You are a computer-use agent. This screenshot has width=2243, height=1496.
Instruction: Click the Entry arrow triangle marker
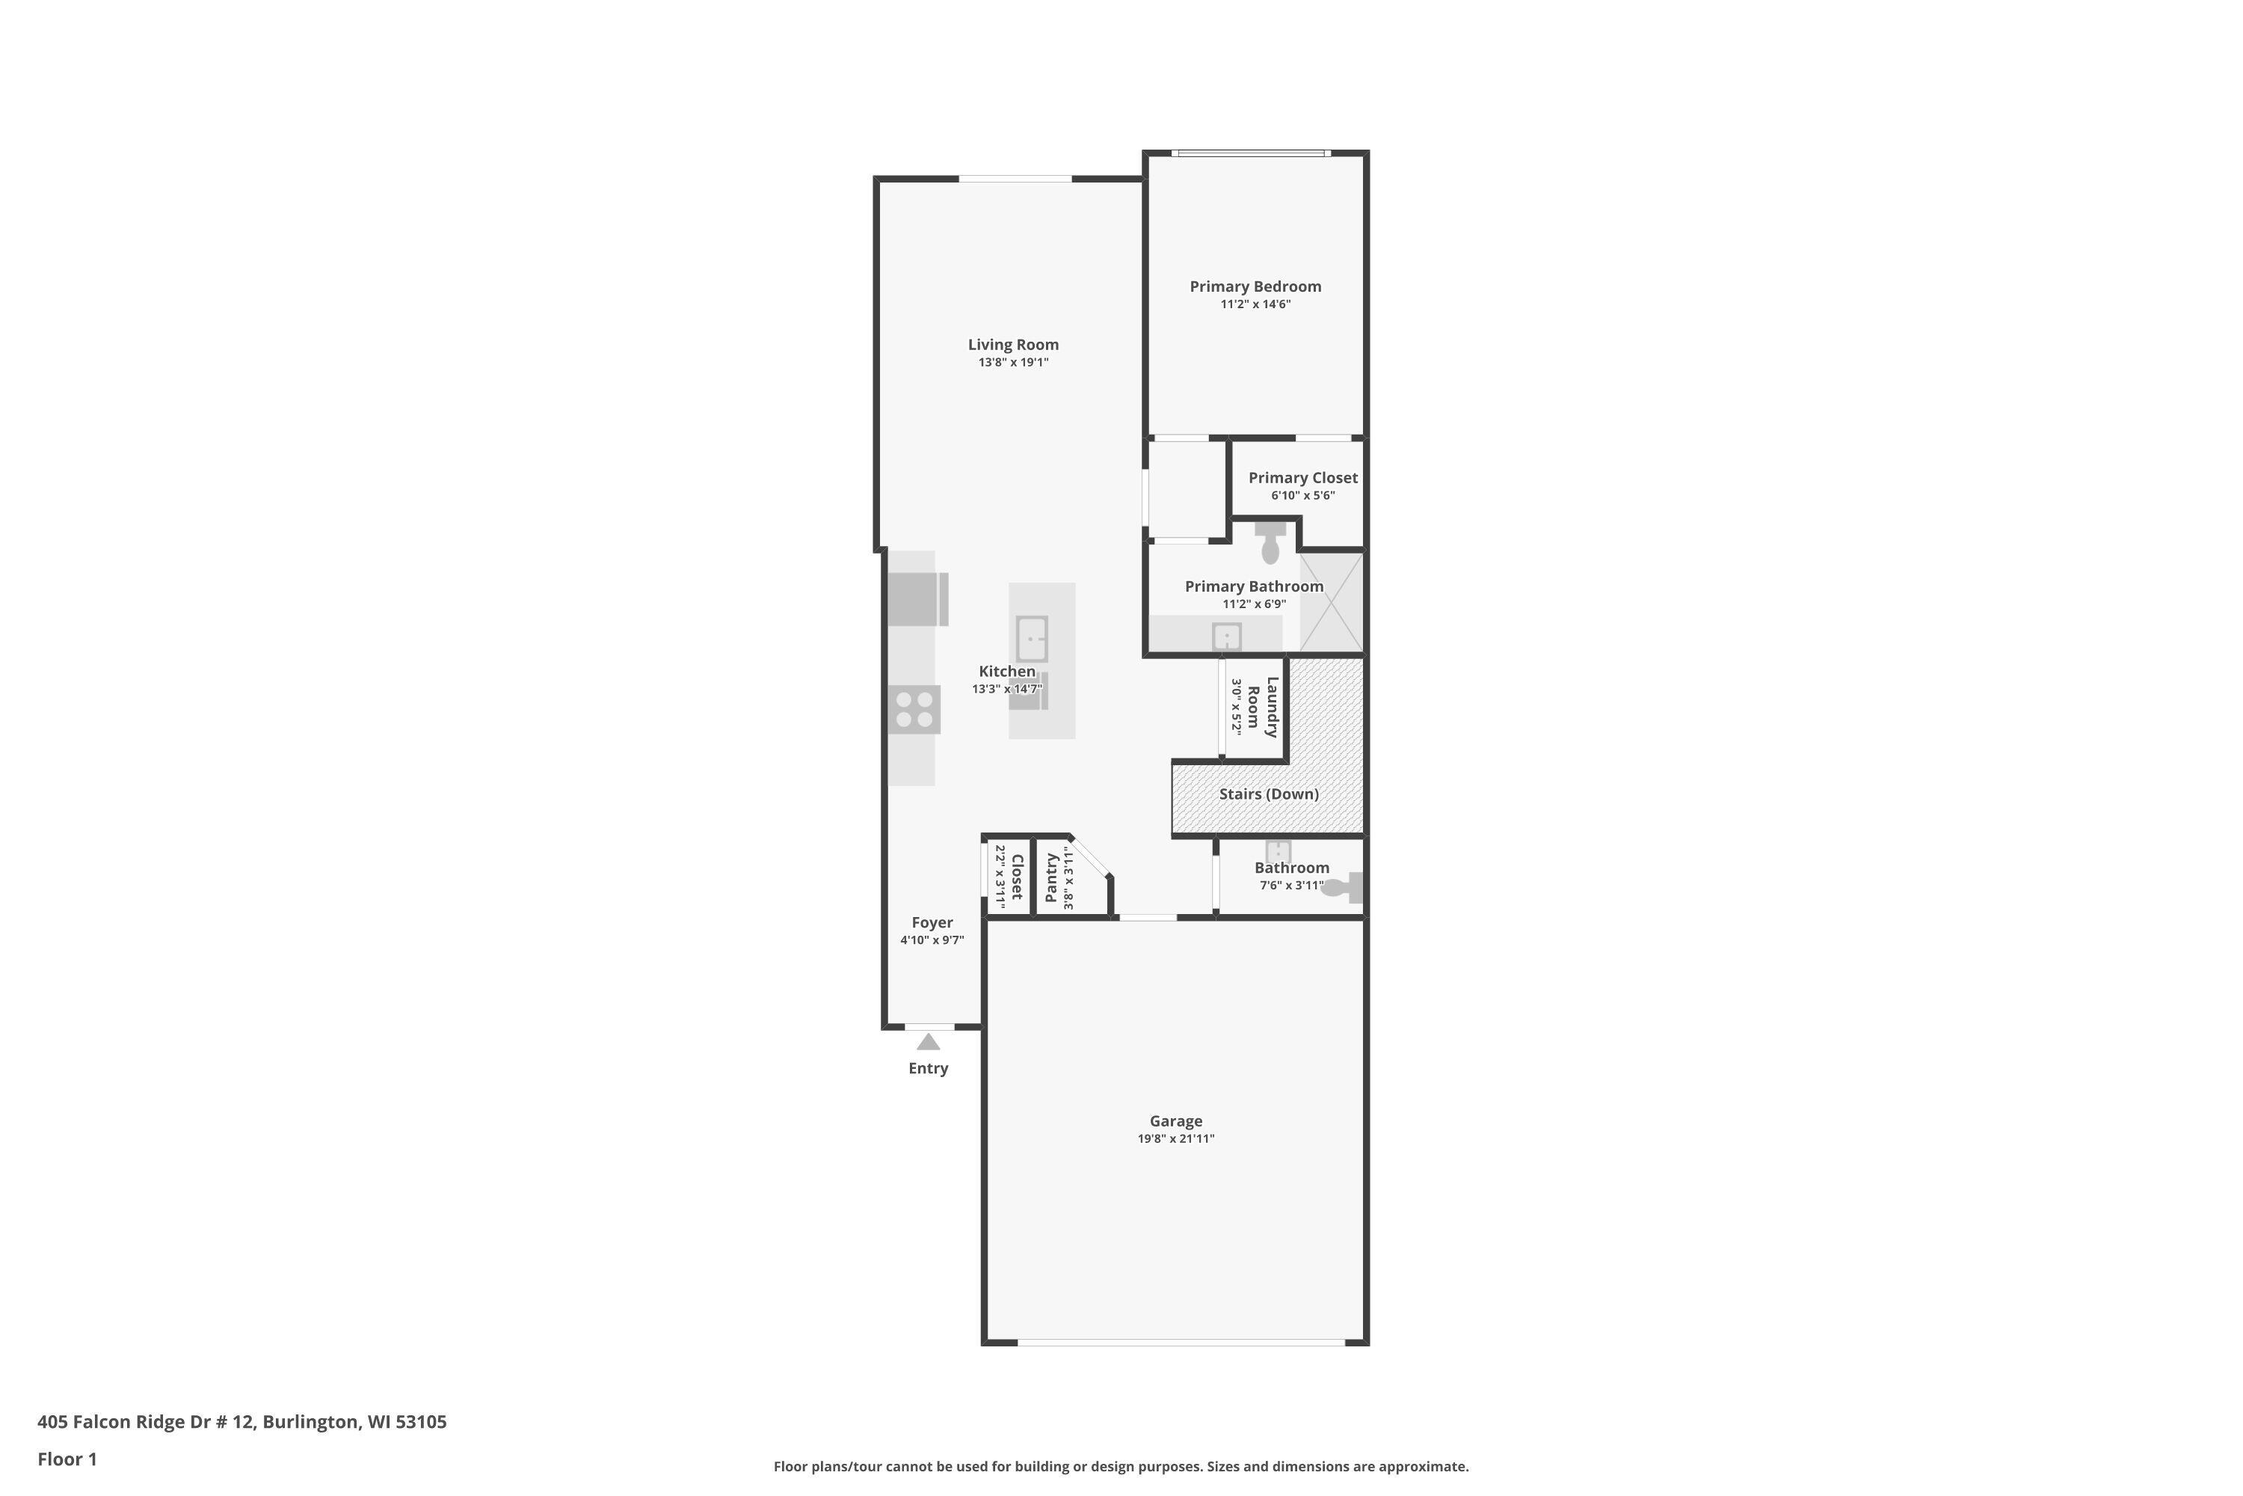coord(928,1042)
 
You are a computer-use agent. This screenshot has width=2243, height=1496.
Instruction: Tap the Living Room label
coord(1013,344)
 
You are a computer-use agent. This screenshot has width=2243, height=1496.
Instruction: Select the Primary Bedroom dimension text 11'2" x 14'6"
coord(1255,304)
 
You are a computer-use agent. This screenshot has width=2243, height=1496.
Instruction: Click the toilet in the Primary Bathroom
coord(1270,546)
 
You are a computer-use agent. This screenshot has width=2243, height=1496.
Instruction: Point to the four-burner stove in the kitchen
coord(914,710)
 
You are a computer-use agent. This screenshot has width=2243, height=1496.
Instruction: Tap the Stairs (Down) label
coord(1268,794)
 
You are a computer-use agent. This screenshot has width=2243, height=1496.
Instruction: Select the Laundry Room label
coord(1263,707)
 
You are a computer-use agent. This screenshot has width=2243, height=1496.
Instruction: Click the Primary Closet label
coord(1302,478)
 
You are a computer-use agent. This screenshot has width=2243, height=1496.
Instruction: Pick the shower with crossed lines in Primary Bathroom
coord(1332,602)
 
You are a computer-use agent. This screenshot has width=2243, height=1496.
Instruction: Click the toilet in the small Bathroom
coord(1344,887)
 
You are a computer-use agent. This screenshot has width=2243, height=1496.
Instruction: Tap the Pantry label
coord(1051,877)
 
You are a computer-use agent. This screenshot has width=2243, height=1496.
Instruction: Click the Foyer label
coord(932,922)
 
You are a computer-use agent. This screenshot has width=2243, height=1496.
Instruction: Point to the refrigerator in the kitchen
coord(917,599)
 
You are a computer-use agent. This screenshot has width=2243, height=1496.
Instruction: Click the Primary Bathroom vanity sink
coord(1226,637)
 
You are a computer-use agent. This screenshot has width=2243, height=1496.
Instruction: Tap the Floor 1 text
coord(67,1459)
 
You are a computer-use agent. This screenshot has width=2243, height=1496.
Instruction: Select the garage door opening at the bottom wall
coord(1181,1343)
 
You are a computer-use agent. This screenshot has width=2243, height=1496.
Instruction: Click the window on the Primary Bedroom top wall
coord(1251,153)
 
